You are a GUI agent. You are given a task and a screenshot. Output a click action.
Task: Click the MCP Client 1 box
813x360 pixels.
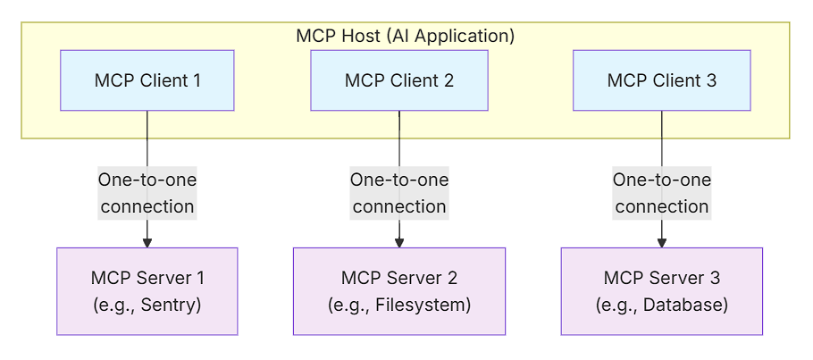pos(147,80)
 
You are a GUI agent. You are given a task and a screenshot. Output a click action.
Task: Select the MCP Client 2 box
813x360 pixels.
pos(399,80)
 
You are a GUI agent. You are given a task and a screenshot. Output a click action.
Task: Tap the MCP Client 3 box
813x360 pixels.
pos(661,80)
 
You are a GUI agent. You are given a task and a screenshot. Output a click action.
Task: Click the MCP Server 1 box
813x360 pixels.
pos(147,291)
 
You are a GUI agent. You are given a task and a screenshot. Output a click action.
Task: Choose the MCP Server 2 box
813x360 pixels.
pos(399,291)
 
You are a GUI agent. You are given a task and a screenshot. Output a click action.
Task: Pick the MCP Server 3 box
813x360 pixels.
pos(661,291)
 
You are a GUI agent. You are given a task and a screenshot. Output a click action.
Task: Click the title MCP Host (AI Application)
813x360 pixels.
pos(405,37)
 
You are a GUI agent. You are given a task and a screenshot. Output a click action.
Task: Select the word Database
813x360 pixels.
pos(687,305)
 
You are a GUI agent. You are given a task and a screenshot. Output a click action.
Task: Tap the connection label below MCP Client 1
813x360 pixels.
pos(147,193)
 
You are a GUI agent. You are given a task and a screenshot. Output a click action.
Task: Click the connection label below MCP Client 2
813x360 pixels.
pos(399,193)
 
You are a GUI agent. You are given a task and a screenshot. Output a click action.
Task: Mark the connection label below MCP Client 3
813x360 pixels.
pos(661,193)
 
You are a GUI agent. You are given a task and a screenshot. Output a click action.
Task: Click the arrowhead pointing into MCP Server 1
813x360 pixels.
pos(147,241)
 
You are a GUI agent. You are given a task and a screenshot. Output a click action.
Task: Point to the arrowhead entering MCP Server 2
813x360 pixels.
pos(399,241)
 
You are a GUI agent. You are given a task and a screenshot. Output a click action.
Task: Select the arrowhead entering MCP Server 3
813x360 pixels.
pos(661,241)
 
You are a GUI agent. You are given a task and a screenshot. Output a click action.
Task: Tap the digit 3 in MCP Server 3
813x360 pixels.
pos(714,278)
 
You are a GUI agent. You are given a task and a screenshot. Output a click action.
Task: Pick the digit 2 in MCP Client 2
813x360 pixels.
pos(448,81)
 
